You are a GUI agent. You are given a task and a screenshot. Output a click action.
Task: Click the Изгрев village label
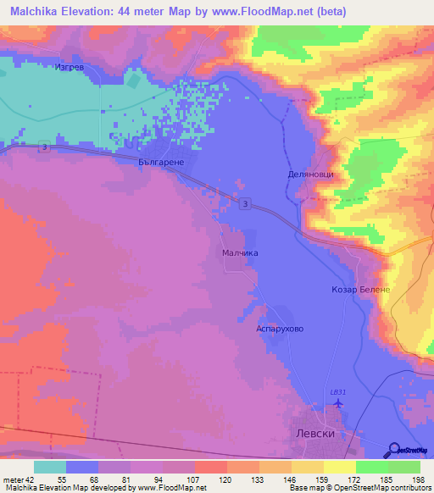point(70,69)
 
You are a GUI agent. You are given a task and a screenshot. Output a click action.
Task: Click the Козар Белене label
point(359,290)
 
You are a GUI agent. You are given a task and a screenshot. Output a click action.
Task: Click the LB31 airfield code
point(338,391)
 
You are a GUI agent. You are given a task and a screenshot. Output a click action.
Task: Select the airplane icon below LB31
point(338,402)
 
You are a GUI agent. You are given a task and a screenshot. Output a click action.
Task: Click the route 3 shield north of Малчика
point(244,203)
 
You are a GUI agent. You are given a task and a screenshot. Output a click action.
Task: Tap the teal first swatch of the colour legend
point(49,466)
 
